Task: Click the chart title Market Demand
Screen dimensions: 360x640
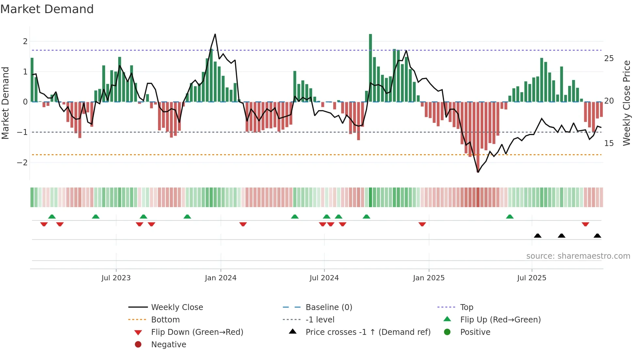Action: pyautogui.click(x=47, y=9)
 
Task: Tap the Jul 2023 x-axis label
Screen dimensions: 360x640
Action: pyautogui.click(x=116, y=278)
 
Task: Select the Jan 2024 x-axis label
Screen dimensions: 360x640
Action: pyautogui.click(x=220, y=278)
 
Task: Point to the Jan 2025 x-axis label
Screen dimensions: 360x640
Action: pyautogui.click(x=429, y=278)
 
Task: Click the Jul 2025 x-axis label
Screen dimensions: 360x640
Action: pyautogui.click(x=532, y=278)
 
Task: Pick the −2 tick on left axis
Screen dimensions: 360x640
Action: pyautogui.click(x=22, y=162)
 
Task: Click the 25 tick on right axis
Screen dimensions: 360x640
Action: pyautogui.click(x=609, y=58)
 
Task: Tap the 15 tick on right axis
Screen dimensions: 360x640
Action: pyautogui.click(x=609, y=143)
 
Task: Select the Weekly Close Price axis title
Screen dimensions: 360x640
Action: pyautogui.click(x=627, y=103)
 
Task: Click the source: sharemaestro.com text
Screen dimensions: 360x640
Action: pyautogui.click(x=578, y=256)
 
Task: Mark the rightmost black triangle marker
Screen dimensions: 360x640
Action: pyautogui.click(x=597, y=236)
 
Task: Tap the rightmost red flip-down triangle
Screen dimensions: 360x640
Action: pyautogui.click(x=585, y=224)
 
